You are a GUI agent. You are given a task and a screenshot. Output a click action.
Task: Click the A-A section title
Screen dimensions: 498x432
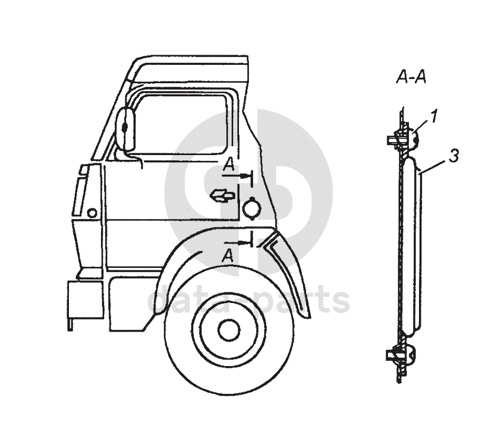click(x=411, y=77)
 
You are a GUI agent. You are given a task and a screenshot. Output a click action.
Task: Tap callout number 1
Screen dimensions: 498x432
click(x=434, y=116)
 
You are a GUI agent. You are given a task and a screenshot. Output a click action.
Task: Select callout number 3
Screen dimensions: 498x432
click(x=454, y=156)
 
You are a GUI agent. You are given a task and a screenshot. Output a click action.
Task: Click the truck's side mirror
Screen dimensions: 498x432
click(x=126, y=129)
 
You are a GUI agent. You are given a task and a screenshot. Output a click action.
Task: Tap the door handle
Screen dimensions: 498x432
click(x=223, y=195)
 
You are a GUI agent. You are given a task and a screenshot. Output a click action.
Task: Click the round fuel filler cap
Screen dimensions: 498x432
click(x=251, y=207)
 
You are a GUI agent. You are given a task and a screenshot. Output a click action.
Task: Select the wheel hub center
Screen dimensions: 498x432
click(x=229, y=330)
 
